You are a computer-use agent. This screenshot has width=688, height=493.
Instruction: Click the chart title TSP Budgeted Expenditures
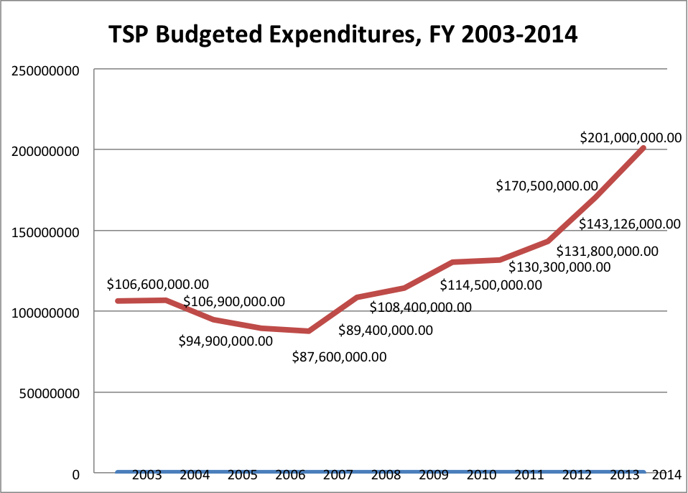tap(343, 34)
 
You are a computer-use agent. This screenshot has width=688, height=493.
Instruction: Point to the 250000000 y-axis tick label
tap(45, 70)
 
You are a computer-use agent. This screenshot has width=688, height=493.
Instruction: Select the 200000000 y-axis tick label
tap(45, 150)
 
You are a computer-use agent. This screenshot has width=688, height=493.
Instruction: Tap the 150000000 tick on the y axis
tap(45, 231)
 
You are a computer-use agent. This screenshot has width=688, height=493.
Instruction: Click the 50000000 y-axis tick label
tap(48, 393)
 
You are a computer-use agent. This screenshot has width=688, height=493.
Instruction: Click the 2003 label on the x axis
tap(147, 475)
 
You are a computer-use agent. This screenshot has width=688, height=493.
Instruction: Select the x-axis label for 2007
tap(337, 475)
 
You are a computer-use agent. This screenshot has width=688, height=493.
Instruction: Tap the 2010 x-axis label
tap(480, 475)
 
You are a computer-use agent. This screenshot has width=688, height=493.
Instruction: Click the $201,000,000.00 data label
tap(631, 137)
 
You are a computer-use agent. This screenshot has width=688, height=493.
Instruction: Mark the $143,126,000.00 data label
tap(630, 224)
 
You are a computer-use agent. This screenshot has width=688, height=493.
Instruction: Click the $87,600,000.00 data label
tap(340, 356)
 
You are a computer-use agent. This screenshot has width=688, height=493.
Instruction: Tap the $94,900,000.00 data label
tap(226, 341)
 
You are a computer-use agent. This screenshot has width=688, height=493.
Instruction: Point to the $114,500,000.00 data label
tap(491, 285)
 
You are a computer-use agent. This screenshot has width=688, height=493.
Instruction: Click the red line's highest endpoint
tap(643, 148)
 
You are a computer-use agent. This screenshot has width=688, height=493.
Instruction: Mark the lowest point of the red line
tap(308, 331)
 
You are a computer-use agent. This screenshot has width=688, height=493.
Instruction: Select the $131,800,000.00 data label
tap(608, 251)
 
